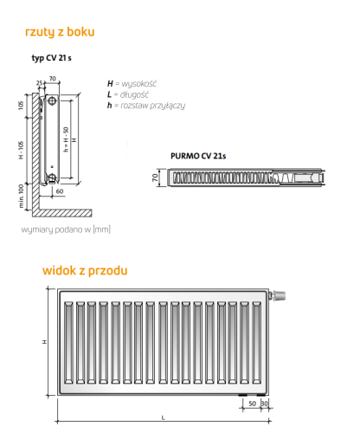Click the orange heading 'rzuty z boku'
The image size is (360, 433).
tap(60, 32)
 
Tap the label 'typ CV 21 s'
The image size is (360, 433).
tap(51, 58)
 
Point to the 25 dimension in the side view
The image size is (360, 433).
tap(40, 83)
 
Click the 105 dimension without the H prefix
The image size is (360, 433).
tap(21, 105)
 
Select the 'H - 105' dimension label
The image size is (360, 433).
tap(21, 150)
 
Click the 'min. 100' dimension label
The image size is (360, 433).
tap(21, 196)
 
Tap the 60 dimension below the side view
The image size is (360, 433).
tap(60, 191)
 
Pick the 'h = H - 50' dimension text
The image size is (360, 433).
tap(66, 139)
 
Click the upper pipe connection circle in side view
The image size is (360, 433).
tap(52, 100)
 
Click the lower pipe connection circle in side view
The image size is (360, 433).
tap(52, 177)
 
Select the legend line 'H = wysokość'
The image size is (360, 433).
tap(132, 84)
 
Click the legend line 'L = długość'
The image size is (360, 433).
tap(128, 94)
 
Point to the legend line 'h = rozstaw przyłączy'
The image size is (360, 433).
tap(146, 106)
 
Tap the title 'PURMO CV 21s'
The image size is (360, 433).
tap(198, 156)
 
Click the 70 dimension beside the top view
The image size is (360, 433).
tap(156, 178)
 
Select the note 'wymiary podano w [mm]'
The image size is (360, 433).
tap(66, 229)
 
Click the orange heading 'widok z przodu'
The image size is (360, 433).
tap(85, 271)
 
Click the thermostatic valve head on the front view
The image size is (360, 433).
tap(279, 295)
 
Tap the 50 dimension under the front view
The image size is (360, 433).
tap(252, 404)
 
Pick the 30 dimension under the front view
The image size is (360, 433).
tap(265, 404)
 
